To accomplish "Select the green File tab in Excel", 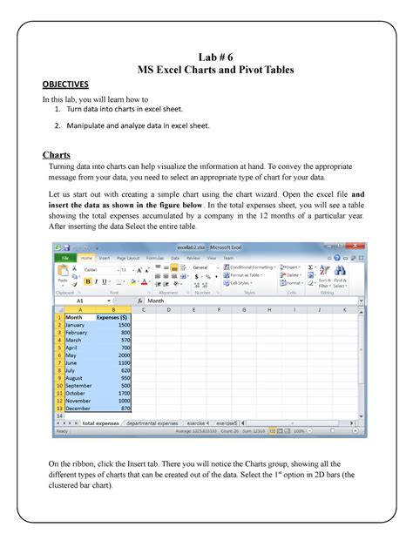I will coord(64,258).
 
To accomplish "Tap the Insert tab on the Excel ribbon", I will coord(105,258).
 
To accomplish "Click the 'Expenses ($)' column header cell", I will coord(112,317).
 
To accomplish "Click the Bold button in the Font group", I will coord(86,282).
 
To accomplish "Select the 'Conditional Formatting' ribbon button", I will coord(254,267).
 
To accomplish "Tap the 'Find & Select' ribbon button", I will coord(339,281).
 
